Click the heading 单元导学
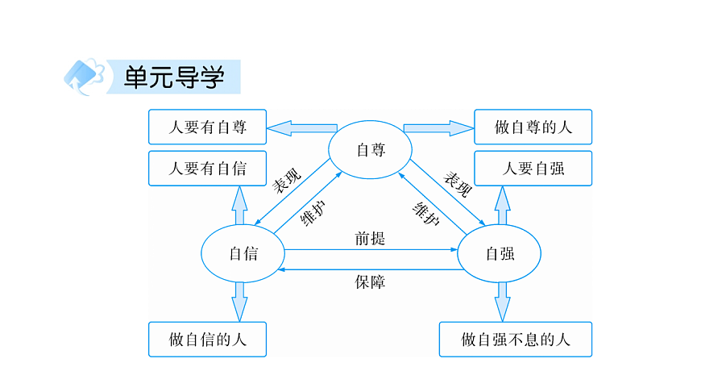[x=173, y=77]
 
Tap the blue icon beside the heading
[x=84, y=77]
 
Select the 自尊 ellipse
[x=370, y=149]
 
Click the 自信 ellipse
[x=242, y=253]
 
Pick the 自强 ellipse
[x=499, y=253]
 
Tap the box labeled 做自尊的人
[x=533, y=127]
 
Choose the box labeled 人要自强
[x=533, y=169]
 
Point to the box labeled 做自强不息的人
[x=516, y=340]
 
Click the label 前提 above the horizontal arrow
[x=370, y=239]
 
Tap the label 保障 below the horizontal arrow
[x=370, y=282]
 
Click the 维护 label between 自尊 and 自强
[x=425, y=211]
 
